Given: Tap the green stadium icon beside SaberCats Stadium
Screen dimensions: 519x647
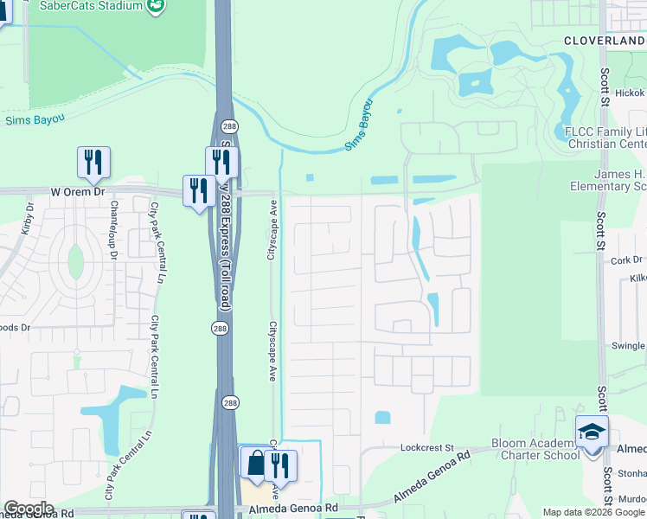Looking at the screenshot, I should pyautogui.click(x=156, y=7).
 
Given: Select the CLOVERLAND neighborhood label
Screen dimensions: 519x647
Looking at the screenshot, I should pyautogui.click(x=605, y=41).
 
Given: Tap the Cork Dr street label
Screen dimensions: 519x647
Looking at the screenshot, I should pyautogui.click(x=626, y=259).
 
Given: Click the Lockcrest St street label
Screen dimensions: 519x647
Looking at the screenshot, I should pyautogui.click(x=427, y=448).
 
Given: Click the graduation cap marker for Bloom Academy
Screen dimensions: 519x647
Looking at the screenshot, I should pyautogui.click(x=592, y=432).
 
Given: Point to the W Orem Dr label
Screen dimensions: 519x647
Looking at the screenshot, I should pyautogui.click(x=77, y=191).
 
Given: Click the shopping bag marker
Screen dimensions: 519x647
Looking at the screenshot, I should pyautogui.click(x=256, y=464).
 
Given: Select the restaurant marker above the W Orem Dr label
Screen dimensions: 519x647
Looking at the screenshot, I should pyautogui.click(x=93, y=162).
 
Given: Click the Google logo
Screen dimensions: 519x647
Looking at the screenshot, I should pyautogui.click(x=28, y=509).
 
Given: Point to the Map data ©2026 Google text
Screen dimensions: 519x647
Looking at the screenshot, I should pyautogui.click(x=593, y=512).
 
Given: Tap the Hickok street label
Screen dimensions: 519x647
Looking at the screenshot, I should pyautogui.click(x=631, y=92).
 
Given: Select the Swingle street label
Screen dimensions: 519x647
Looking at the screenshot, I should pyautogui.click(x=629, y=345).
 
